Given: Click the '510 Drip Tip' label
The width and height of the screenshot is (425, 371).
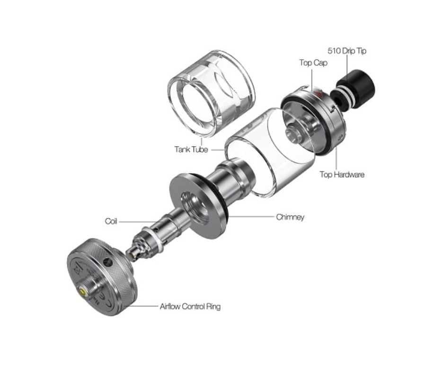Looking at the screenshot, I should (347, 51).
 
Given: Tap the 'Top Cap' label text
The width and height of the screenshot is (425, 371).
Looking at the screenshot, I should (313, 63).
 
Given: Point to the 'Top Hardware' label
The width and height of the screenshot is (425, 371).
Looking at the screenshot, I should (342, 175).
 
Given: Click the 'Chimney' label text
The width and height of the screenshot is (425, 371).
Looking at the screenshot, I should (290, 217).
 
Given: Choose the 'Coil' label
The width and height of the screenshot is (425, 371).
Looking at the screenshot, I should (111, 221).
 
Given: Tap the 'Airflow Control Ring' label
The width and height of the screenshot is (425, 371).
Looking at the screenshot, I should (190, 306).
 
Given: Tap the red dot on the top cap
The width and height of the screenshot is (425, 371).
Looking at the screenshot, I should (318, 96).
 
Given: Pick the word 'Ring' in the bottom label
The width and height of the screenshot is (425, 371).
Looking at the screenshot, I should (212, 306).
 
